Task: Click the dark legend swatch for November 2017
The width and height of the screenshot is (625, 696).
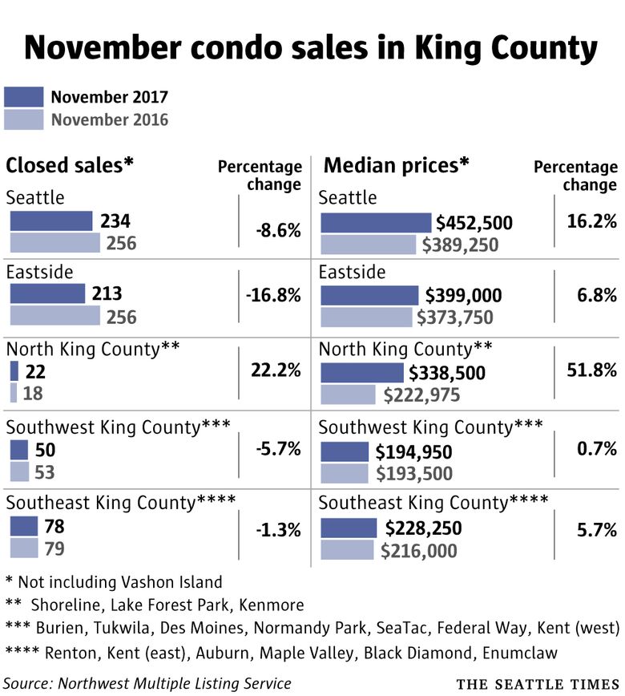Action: [24, 97]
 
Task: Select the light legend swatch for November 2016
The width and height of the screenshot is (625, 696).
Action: [24, 119]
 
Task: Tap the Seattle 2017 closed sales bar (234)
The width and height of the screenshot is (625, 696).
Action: [51, 221]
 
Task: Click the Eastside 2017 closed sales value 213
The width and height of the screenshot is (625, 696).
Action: [107, 295]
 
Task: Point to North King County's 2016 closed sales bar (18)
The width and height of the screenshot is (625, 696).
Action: [14, 393]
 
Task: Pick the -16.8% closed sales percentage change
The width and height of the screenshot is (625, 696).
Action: [274, 295]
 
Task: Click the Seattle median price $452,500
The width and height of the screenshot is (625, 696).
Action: [474, 222]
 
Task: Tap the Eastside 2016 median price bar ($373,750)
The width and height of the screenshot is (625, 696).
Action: [366, 317]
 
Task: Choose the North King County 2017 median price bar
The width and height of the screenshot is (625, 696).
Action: [362, 372]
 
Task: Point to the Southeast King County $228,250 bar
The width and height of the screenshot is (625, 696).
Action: [349, 528]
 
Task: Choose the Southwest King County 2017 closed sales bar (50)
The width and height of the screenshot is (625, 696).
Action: [18, 450]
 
